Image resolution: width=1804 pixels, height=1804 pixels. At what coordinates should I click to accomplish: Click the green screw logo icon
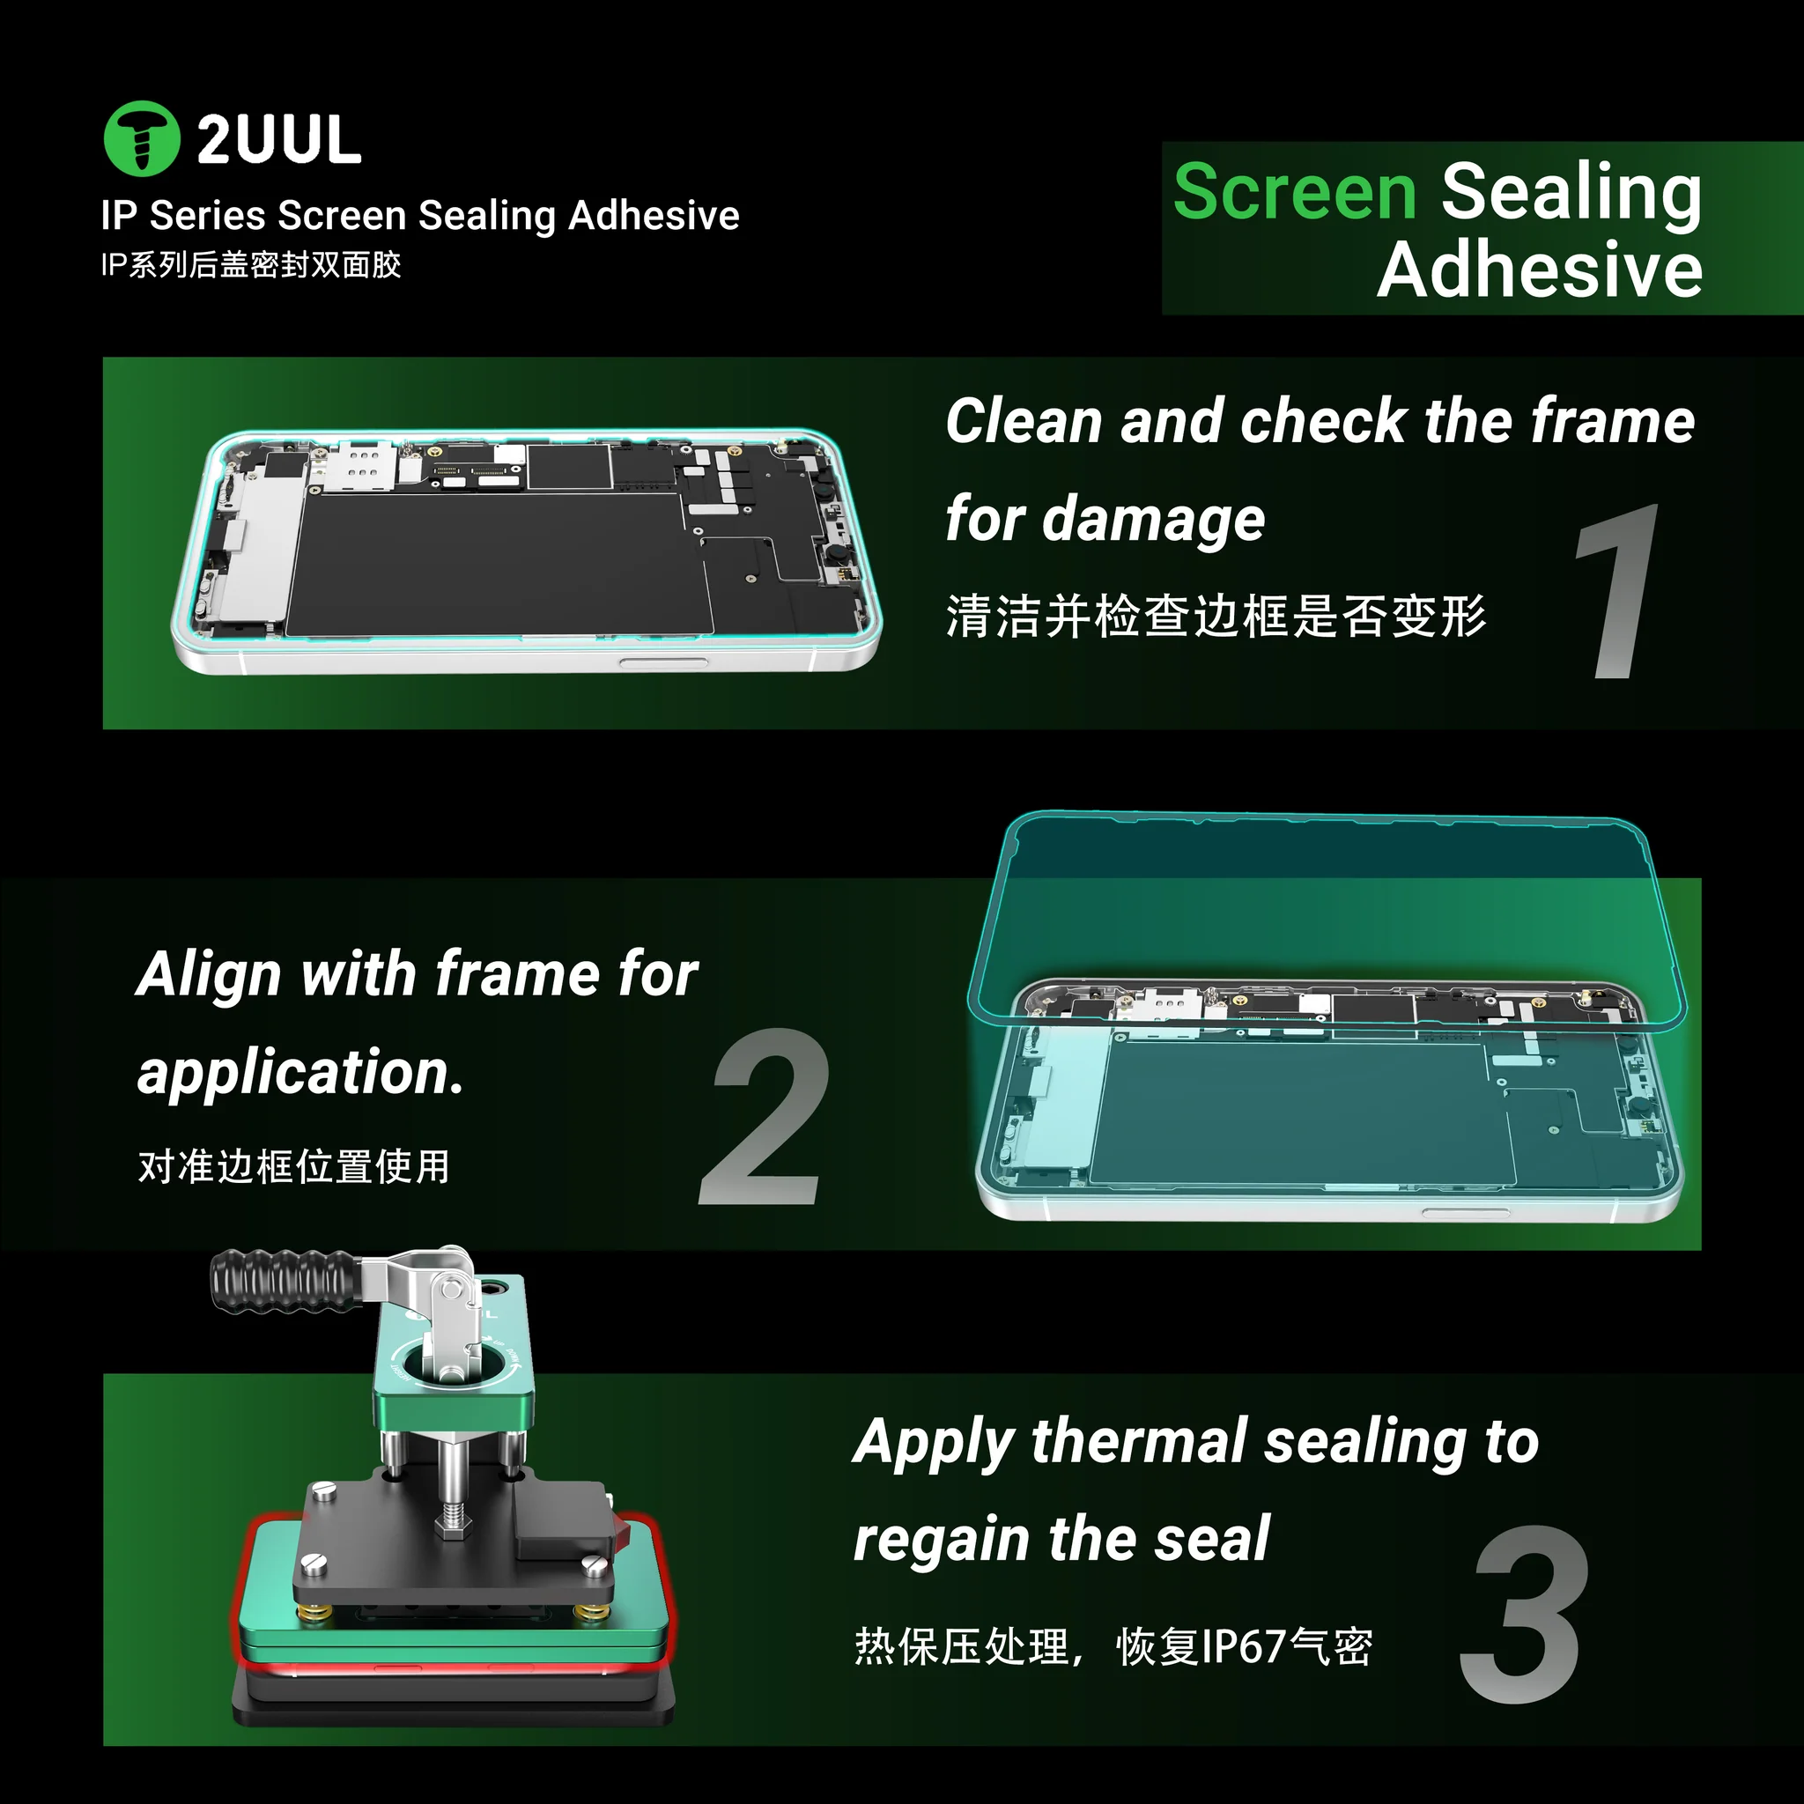[141, 138]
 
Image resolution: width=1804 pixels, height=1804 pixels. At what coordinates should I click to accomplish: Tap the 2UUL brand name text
[279, 140]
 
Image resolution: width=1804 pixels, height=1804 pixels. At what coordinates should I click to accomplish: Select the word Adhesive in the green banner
[1540, 270]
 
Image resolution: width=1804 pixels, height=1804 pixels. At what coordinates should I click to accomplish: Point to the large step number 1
[1617, 591]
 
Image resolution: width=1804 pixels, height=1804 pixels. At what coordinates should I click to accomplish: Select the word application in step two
[299, 1073]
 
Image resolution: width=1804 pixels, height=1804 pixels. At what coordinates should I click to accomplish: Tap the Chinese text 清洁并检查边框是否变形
[1216, 617]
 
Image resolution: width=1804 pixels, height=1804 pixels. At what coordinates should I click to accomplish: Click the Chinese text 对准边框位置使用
[294, 1166]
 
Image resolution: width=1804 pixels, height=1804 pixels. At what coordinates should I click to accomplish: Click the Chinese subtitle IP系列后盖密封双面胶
[251, 265]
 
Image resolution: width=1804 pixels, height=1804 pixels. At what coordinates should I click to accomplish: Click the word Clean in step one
[1025, 421]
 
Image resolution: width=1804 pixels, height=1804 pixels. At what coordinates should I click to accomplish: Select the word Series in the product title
[208, 216]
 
